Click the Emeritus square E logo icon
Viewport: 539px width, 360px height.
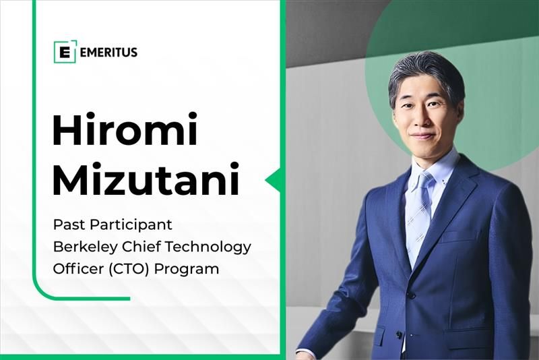click(x=65, y=52)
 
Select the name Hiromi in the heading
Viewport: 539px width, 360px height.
click(x=125, y=131)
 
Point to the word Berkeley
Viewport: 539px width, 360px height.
click(x=83, y=247)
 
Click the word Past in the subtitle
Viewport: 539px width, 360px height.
click(x=67, y=225)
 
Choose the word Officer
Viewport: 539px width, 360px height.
click(x=75, y=268)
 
